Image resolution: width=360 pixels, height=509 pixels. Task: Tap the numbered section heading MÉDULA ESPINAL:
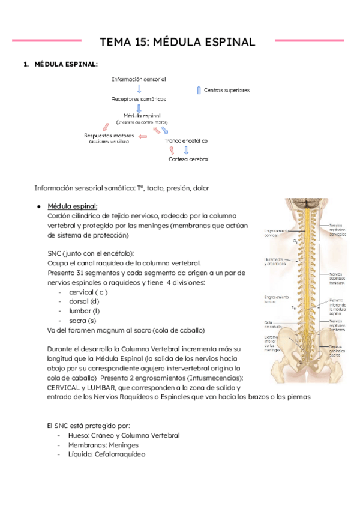coord(67,64)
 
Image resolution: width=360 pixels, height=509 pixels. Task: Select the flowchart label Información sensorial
coord(139,79)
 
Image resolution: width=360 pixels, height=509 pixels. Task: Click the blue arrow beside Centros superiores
coord(199,90)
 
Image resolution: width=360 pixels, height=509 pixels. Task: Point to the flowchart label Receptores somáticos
coord(139,99)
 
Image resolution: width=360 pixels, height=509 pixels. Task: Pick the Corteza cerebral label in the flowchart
coord(188,159)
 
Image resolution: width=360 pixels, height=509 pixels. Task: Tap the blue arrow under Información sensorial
coord(139,89)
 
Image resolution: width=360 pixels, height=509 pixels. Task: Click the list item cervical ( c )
coord(88,291)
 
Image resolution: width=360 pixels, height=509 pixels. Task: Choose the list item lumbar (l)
coord(85,310)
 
